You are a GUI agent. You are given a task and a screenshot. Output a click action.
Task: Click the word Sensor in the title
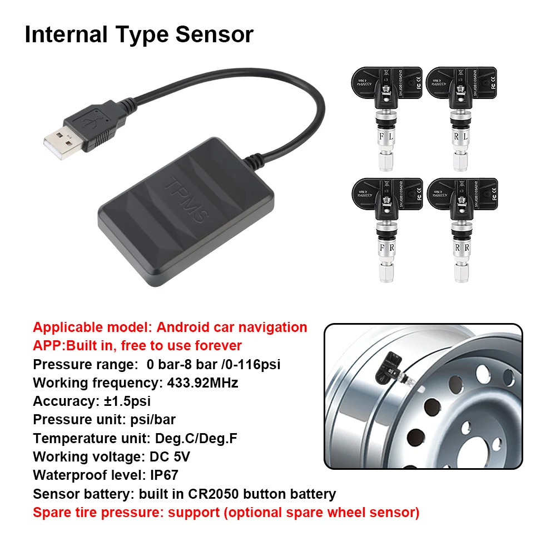tap(215, 34)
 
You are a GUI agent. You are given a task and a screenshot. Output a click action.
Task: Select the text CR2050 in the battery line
tap(216, 494)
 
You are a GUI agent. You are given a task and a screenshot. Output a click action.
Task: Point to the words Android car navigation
tap(232, 327)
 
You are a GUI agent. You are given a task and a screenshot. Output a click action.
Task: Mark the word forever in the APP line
tap(217, 345)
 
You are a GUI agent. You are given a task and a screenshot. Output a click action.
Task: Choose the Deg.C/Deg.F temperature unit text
tap(192, 438)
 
